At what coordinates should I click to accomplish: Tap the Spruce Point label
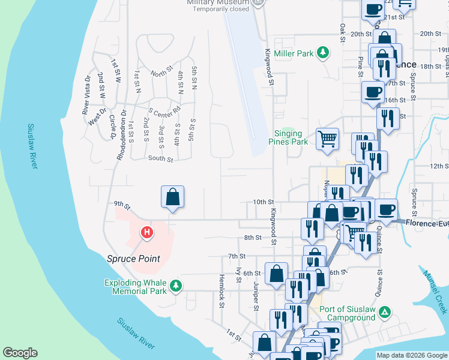(133, 259)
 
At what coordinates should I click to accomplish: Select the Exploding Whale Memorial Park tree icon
(175, 286)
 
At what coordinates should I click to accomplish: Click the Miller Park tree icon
(323, 53)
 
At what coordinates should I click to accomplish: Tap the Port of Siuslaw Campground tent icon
(385, 313)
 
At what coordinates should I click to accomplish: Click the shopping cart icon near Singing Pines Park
(327, 139)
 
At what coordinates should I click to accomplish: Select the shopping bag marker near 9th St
(172, 197)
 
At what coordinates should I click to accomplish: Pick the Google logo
(20, 352)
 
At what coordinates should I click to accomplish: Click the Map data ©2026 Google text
(411, 355)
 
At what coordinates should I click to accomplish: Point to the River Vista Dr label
(86, 95)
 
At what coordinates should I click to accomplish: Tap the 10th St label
(263, 202)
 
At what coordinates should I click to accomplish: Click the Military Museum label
(217, 2)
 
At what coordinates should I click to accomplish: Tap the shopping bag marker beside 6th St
(276, 274)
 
